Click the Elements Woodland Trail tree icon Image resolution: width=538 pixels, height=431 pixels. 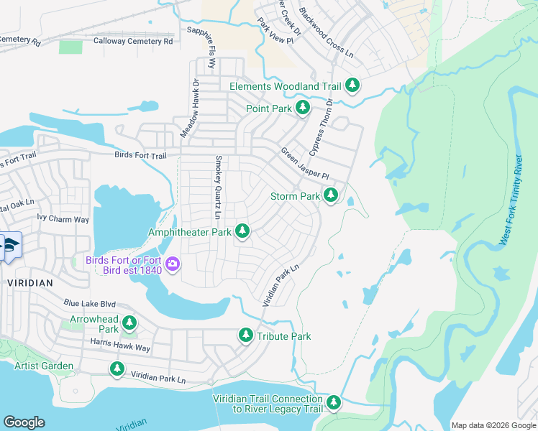[x=352, y=86]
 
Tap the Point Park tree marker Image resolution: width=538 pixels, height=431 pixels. [x=303, y=108]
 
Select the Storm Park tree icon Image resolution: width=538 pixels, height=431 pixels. [x=331, y=195]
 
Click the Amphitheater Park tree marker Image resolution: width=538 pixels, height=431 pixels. [x=243, y=231]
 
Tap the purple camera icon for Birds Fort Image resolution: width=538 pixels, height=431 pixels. [x=173, y=265]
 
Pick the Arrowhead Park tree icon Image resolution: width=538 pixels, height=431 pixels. [x=129, y=323]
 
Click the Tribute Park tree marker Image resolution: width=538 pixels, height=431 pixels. [x=246, y=335]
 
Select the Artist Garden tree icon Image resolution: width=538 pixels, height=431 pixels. [x=117, y=369]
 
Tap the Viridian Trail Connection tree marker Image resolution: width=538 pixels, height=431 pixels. [x=334, y=404]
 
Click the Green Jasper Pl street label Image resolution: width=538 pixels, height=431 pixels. [x=304, y=164]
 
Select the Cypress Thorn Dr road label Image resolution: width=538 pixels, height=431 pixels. [x=320, y=127]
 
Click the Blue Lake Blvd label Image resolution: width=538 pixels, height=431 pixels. [x=89, y=304]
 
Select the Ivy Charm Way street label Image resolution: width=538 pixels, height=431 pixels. [x=63, y=219]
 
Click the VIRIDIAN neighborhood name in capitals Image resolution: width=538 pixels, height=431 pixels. [x=30, y=283]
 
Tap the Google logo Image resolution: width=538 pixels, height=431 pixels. [x=24, y=422]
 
